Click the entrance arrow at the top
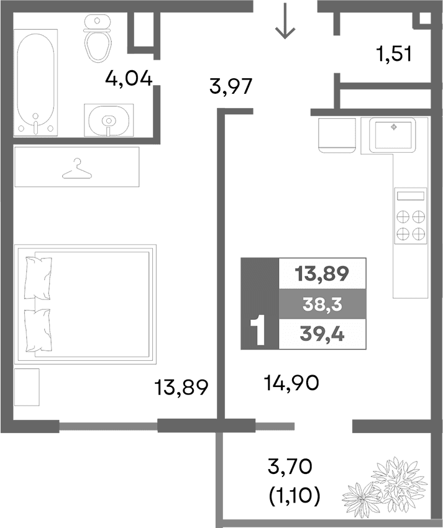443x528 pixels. [285, 21]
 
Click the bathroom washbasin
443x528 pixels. [109, 119]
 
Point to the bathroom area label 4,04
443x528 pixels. [129, 79]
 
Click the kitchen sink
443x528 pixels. [393, 134]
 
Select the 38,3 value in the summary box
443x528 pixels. [322, 304]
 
